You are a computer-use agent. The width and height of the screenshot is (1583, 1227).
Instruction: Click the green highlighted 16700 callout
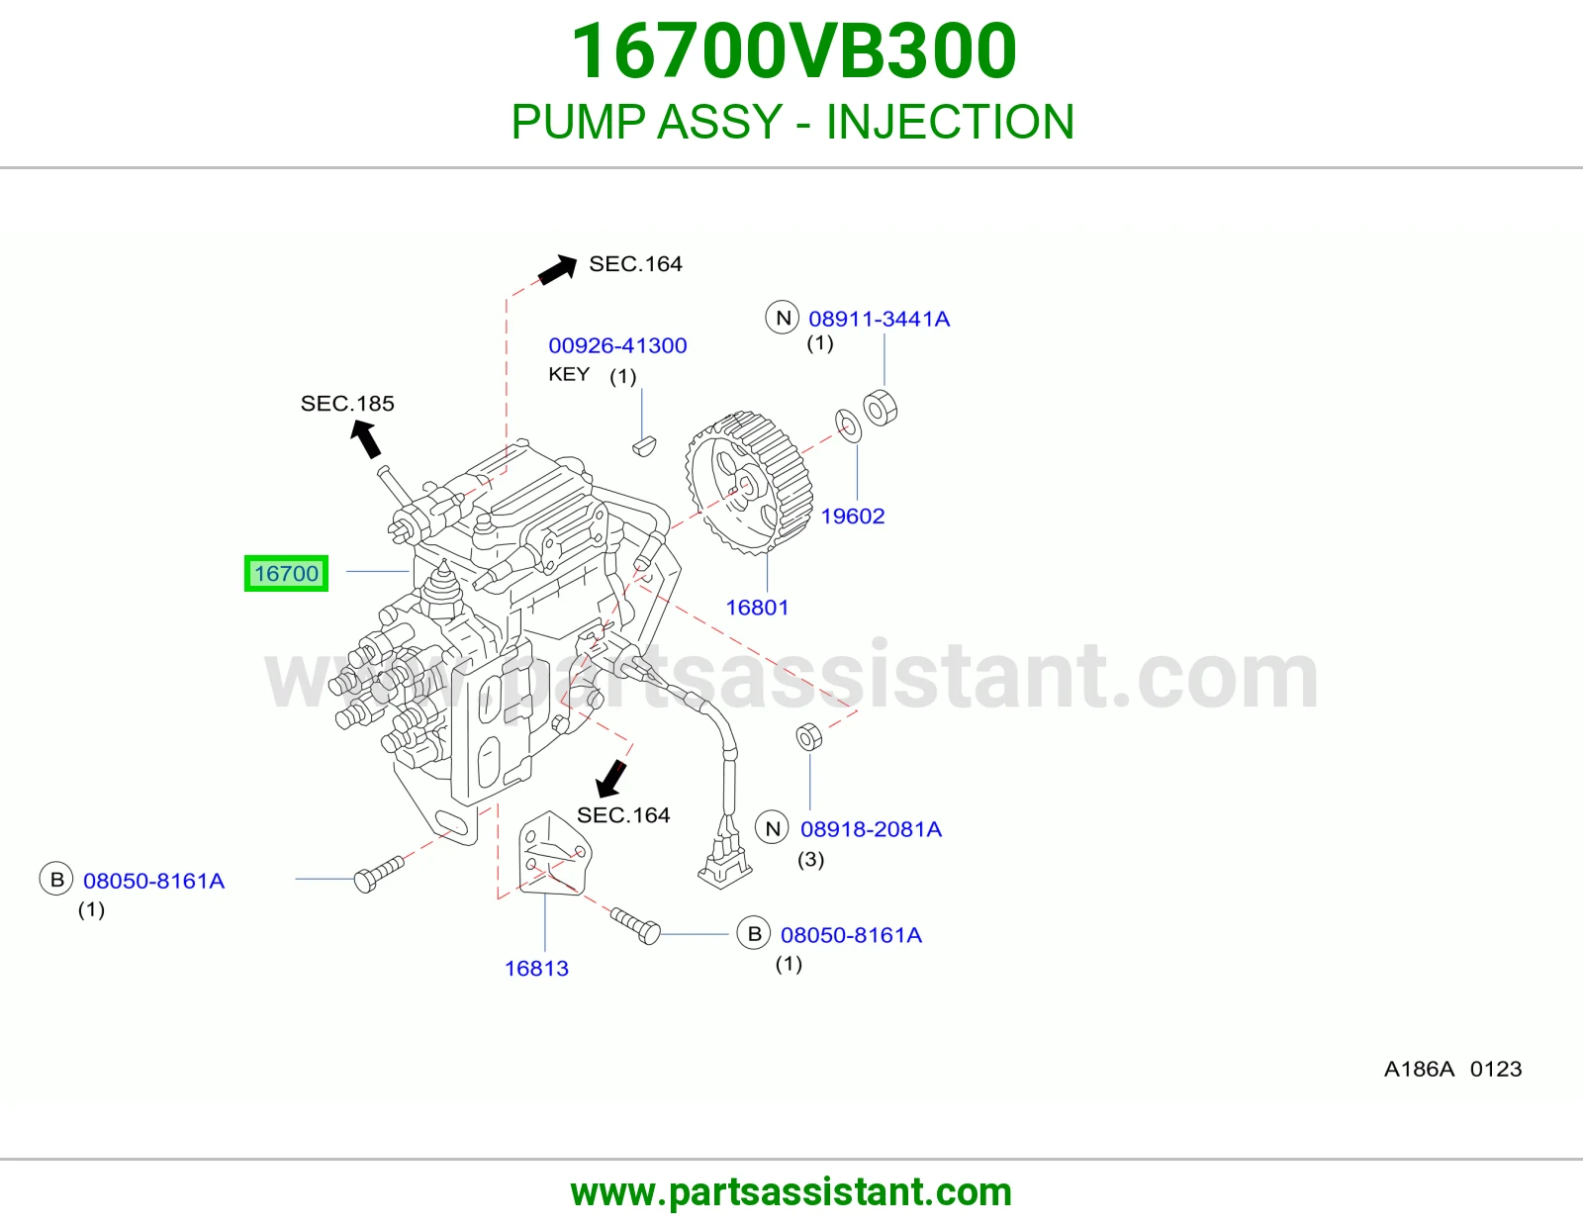286,574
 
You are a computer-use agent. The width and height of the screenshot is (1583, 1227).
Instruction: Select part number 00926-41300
617,345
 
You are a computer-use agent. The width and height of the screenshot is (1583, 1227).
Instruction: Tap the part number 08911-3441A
880,319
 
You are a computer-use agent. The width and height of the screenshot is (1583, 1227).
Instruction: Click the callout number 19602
852,516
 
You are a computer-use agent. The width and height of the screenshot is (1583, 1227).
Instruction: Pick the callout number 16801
757,607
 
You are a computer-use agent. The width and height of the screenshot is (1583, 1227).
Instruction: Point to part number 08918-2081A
872,829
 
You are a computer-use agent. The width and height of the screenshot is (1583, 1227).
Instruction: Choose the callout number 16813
536,969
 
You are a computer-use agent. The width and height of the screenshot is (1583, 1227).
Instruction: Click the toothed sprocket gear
749,482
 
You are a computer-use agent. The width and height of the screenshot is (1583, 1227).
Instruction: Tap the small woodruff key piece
644,445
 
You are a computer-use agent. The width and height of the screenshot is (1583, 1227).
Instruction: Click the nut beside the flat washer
880,409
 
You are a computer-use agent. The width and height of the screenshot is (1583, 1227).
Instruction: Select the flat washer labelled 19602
848,425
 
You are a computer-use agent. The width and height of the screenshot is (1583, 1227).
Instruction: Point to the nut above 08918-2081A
808,736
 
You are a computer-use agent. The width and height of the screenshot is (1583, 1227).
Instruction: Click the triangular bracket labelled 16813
554,853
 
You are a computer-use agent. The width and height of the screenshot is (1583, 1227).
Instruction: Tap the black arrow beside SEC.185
366,439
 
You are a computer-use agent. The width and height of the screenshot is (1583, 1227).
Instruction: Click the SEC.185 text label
347,403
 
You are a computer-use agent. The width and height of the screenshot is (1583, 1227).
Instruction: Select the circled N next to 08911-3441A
783,318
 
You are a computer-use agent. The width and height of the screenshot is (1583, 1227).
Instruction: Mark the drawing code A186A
1419,1069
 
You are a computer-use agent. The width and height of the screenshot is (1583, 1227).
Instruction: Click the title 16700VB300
793,51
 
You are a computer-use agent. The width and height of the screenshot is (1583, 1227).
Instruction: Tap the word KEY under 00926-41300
569,374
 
